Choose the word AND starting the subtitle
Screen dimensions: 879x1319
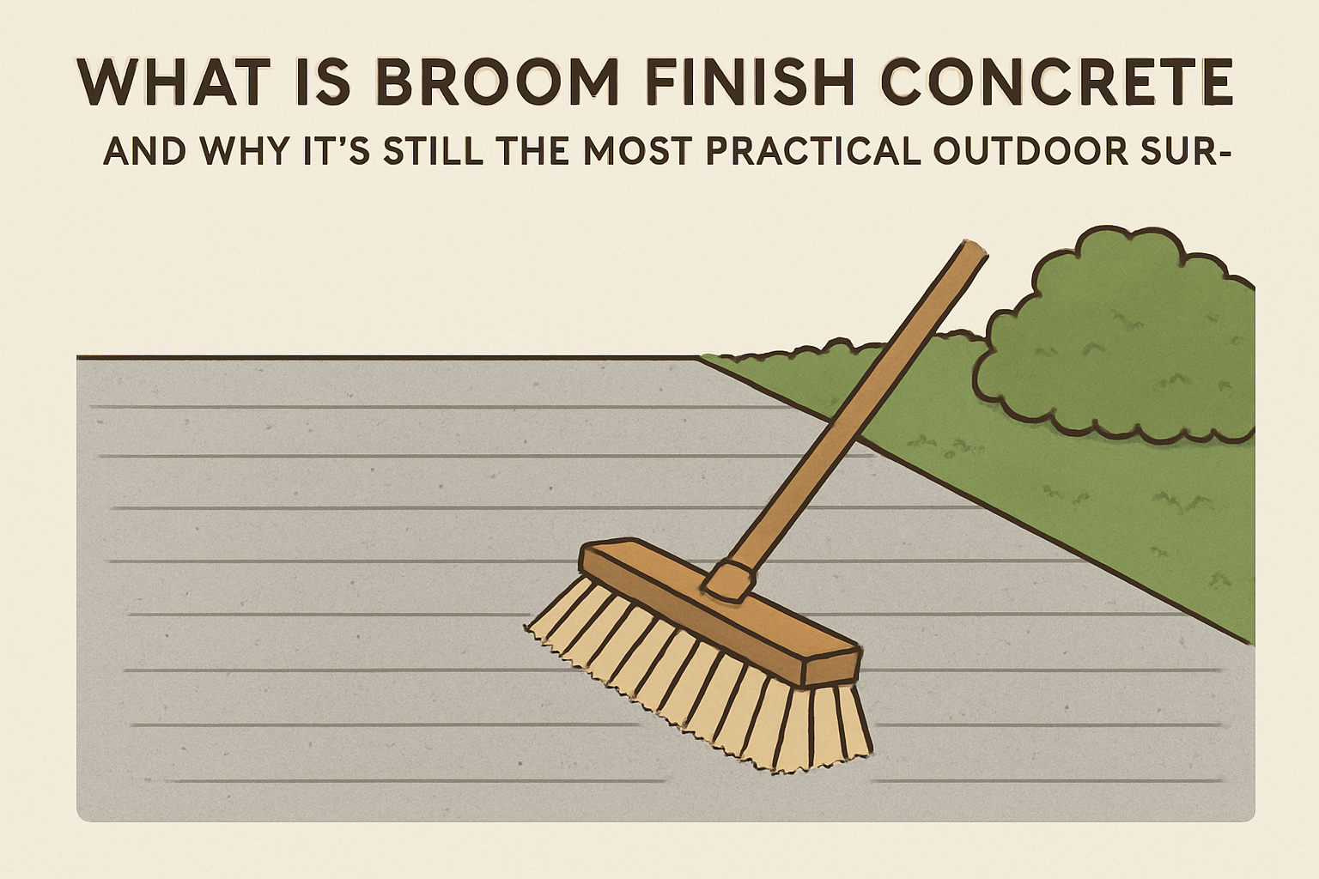(144, 151)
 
